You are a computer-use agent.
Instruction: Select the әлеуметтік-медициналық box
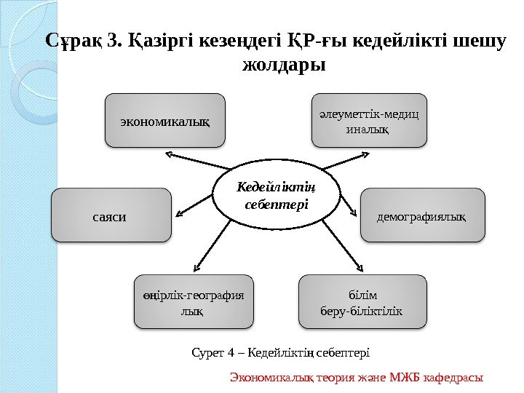[370, 121]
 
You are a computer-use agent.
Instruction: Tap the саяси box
[111, 215]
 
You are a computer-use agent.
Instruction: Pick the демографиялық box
[423, 215]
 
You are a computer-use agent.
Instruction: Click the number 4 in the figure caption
[231, 353]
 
